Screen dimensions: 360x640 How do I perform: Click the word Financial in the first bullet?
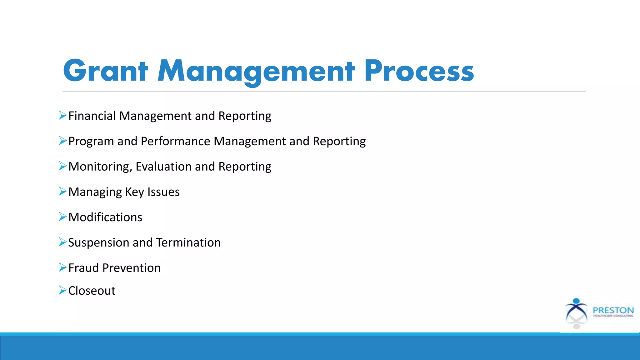point(92,116)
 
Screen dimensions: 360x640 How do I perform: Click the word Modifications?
point(105,217)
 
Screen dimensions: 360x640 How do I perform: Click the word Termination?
point(188,242)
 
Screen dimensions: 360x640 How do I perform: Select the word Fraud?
point(83,268)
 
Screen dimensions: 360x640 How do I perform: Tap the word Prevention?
point(131,268)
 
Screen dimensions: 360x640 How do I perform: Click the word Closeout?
point(92,291)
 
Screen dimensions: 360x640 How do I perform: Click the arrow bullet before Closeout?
point(62,290)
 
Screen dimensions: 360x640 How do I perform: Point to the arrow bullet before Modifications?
point(62,216)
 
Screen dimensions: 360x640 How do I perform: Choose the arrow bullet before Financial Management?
point(62,115)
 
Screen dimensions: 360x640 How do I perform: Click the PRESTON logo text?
point(613,310)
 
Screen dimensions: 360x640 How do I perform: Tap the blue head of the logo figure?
point(577,301)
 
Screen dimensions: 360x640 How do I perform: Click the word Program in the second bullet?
point(91,141)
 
